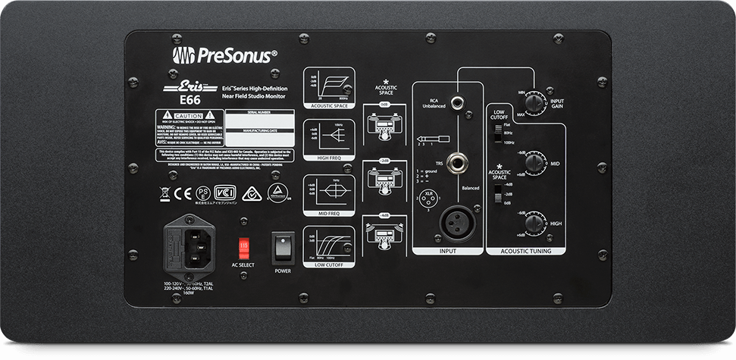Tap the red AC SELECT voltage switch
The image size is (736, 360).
[x=244, y=247]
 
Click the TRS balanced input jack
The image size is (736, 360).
[x=459, y=162]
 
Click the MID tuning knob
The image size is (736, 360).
[x=536, y=160]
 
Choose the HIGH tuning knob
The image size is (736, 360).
[x=536, y=222]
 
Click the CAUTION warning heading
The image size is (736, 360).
[x=189, y=113]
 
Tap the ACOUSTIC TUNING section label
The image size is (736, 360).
[x=526, y=250]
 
